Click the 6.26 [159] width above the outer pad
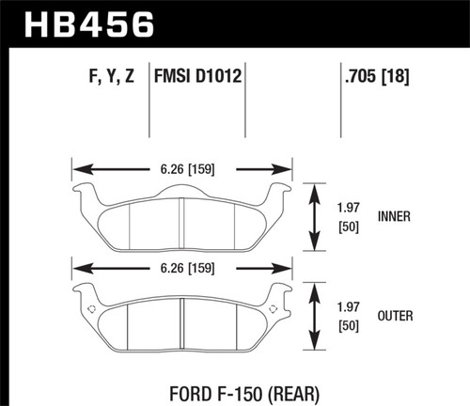click(x=182, y=265)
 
